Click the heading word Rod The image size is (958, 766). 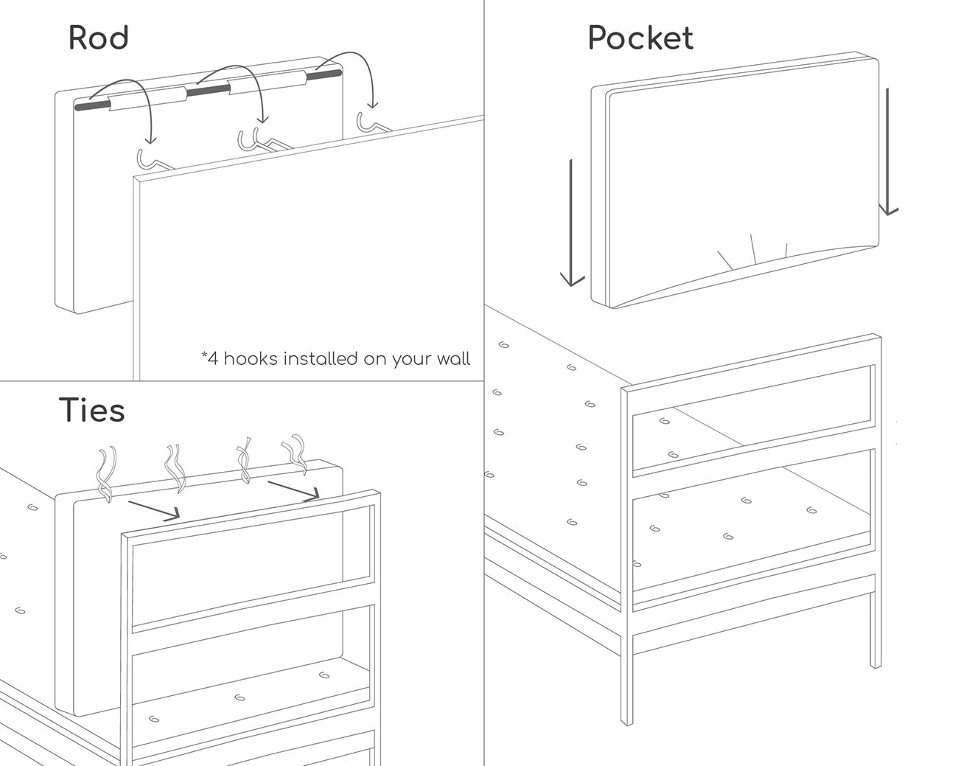99,38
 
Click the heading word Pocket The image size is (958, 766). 640,38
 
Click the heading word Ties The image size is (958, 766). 91,410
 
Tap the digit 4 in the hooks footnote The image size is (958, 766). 213,358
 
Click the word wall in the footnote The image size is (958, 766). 452,358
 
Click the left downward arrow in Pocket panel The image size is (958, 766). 571,223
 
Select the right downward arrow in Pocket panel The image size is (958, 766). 888,151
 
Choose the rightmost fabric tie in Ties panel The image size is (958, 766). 296,454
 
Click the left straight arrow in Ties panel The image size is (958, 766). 154,510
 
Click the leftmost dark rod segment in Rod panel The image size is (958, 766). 93,106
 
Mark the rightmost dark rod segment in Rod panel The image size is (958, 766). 324,74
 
